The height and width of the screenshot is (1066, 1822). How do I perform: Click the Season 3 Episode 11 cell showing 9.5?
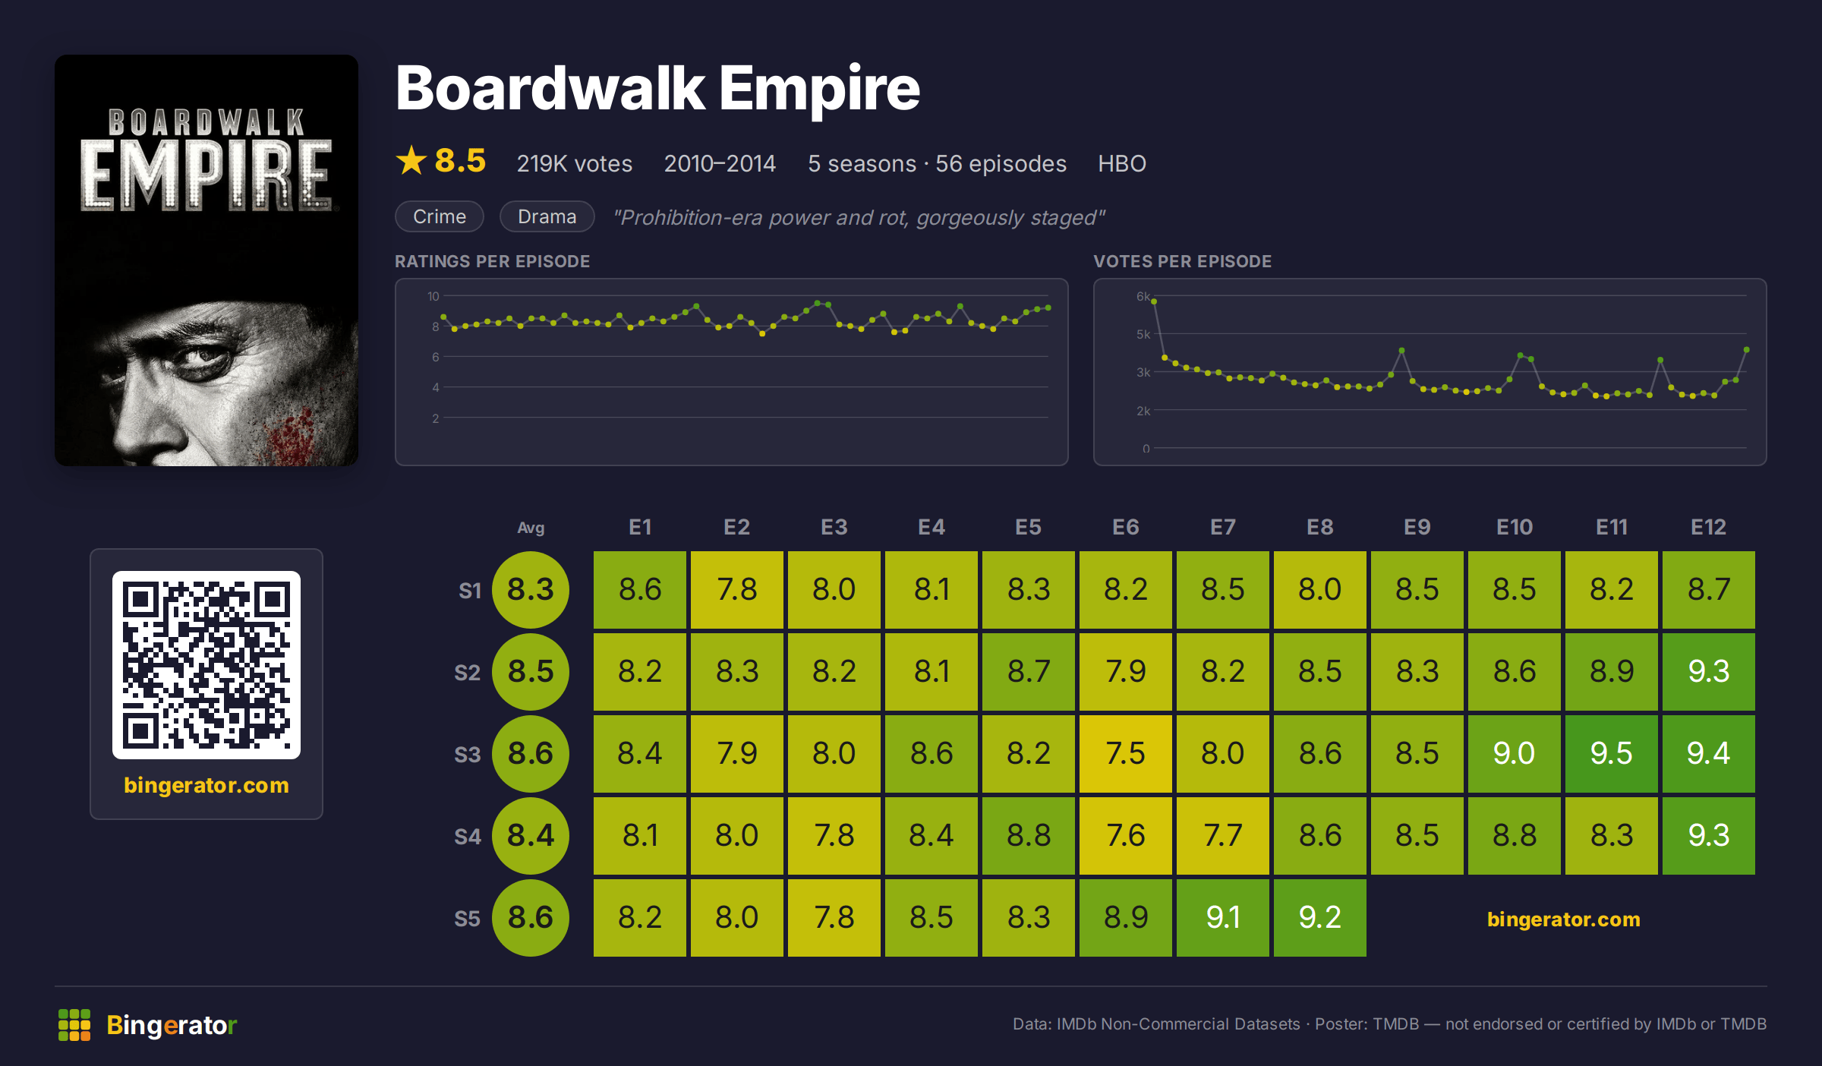click(1611, 753)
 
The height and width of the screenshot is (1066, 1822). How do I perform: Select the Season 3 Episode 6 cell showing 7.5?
click(1125, 753)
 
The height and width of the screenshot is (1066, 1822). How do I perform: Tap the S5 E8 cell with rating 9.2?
click(1319, 917)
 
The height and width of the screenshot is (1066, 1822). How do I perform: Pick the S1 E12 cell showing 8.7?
click(1708, 589)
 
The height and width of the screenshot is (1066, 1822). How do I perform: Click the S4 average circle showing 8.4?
click(531, 835)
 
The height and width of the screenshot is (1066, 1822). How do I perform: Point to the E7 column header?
click(1222, 527)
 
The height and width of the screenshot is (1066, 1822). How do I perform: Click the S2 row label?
click(467, 673)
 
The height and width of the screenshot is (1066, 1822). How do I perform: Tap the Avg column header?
click(531, 528)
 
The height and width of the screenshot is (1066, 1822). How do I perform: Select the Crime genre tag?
click(440, 216)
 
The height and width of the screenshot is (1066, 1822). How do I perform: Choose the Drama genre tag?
click(547, 216)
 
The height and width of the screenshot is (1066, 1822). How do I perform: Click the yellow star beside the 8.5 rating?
click(411, 160)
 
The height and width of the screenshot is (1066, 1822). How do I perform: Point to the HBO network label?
click(1122, 163)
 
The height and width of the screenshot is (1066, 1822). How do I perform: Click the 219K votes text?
click(574, 163)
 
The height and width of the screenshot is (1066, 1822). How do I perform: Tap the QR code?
click(206, 665)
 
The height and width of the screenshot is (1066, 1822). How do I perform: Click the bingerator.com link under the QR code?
click(206, 785)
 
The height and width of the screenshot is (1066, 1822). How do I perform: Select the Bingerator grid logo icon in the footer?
click(74, 1025)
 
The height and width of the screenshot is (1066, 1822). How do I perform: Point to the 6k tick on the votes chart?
click(1143, 296)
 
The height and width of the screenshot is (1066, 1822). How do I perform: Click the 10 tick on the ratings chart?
click(433, 296)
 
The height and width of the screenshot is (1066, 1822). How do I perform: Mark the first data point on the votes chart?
click(1154, 301)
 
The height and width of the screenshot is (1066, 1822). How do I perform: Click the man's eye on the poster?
click(203, 355)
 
